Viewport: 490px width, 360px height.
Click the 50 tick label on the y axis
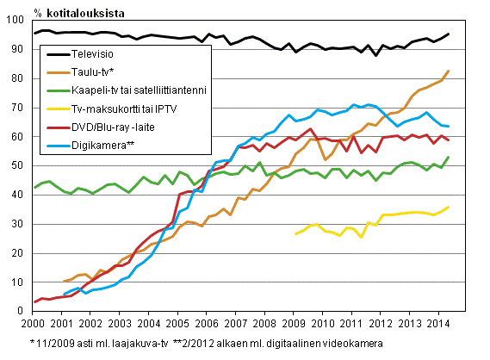tap(20, 165)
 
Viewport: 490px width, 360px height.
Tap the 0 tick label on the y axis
tap(23, 310)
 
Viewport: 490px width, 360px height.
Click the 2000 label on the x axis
tap(33, 323)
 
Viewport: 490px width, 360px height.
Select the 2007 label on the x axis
tap(235, 323)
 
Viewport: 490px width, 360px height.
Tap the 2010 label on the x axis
tap(322, 323)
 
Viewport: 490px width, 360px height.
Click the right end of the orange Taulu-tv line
tap(449, 71)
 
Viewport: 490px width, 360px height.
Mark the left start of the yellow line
tap(295, 233)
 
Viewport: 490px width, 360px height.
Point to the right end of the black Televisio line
tap(449, 34)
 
